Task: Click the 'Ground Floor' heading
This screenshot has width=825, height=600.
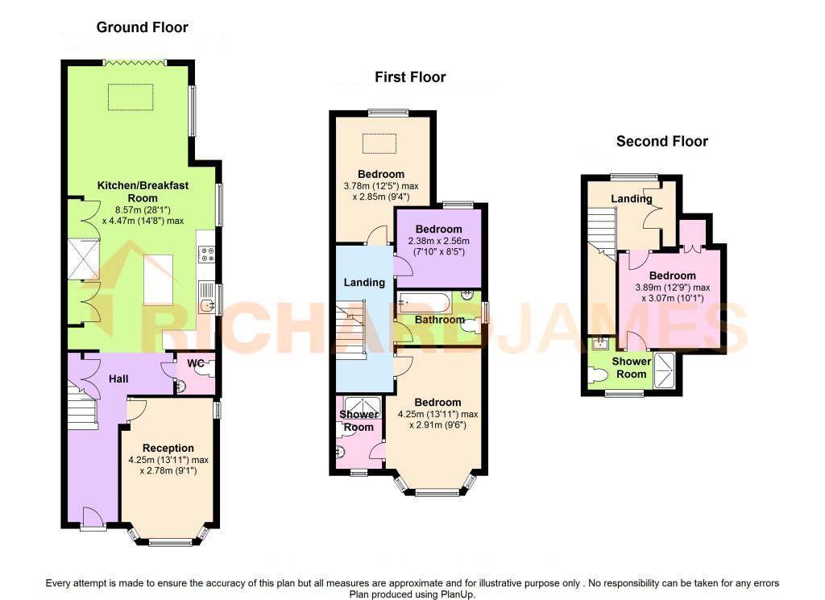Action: pos(142,27)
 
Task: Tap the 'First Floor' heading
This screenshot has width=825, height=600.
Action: pos(409,77)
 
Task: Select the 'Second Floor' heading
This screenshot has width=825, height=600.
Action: pos(661,142)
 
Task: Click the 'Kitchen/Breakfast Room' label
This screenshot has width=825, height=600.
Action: pos(143,192)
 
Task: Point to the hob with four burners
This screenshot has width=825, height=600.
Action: pos(205,254)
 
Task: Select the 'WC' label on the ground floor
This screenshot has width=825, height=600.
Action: pos(196,364)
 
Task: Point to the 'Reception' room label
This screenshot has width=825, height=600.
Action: pos(168,448)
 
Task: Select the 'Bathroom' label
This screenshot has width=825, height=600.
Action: pos(439,320)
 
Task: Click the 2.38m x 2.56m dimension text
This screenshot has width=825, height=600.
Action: pos(439,241)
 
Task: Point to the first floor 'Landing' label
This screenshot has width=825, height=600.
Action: pos(364,283)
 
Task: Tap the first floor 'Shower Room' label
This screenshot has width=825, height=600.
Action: pos(359,420)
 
